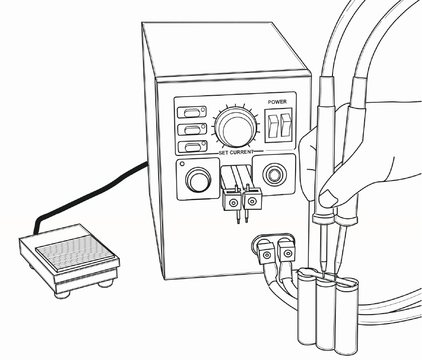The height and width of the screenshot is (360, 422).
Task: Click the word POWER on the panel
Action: pyautogui.click(x=278, y=102)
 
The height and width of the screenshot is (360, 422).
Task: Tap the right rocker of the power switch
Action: pyautogui.click(x=285, y=125)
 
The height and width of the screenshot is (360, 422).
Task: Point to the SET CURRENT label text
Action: pyautogui.click(x=236, y=152)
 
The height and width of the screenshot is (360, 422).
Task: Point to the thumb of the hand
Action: pyautogui.click(x=329, y=195)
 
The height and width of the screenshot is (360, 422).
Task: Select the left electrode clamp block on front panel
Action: pyautogui.click(x=232, y=201)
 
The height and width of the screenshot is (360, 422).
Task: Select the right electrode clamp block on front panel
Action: pyautogui.click(x=252, y=201)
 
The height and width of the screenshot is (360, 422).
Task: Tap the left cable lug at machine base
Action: pyautogui.click(x=266, y=254)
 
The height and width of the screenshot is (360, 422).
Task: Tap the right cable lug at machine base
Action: pyautogui.click(x=285, y=252)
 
